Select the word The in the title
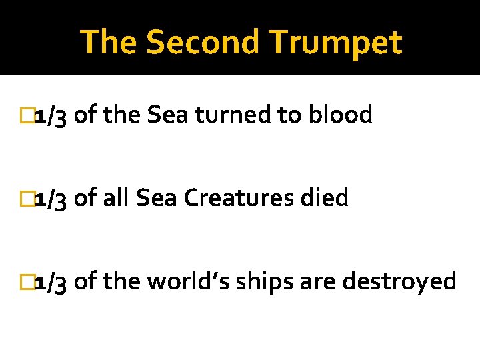click(109, 43)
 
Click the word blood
click(340, 115)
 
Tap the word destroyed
click(399, 282)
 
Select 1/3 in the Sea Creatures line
click(51, 199)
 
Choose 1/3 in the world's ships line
click(51, 282)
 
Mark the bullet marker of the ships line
click(27, 282)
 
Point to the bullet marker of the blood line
click(27, 115)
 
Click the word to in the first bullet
click(289, 115)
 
